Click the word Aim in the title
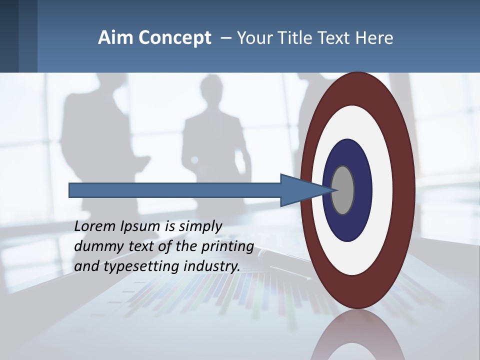[x=113, y=38]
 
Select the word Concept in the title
[x=175, y=38]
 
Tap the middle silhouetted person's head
[x=206, y=90]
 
